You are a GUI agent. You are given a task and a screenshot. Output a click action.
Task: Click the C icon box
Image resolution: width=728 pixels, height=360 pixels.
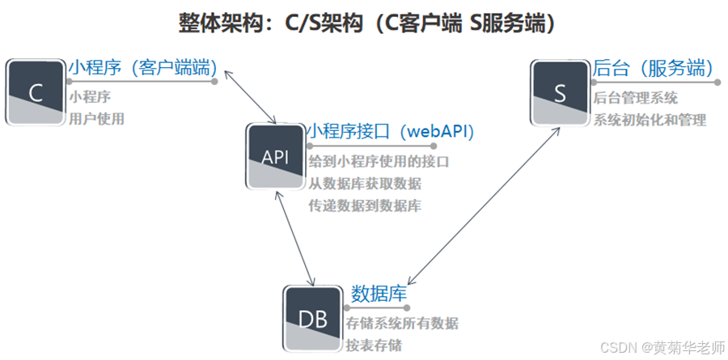coord(36,92)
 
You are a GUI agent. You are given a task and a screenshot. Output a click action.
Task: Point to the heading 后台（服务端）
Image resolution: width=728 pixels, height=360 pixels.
coord(652,67)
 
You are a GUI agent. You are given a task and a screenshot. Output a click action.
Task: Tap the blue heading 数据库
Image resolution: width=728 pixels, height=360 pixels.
coord(378,294)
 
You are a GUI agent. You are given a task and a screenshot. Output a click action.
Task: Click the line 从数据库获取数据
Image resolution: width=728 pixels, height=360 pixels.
coord(365,184)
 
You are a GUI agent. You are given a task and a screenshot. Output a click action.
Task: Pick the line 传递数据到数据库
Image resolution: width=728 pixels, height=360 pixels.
coord(365,205)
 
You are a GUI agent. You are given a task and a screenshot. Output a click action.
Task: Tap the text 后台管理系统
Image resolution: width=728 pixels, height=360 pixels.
coord(635,98)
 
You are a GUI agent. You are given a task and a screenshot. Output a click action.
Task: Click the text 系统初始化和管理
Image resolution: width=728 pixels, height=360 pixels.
coord(650,120)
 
